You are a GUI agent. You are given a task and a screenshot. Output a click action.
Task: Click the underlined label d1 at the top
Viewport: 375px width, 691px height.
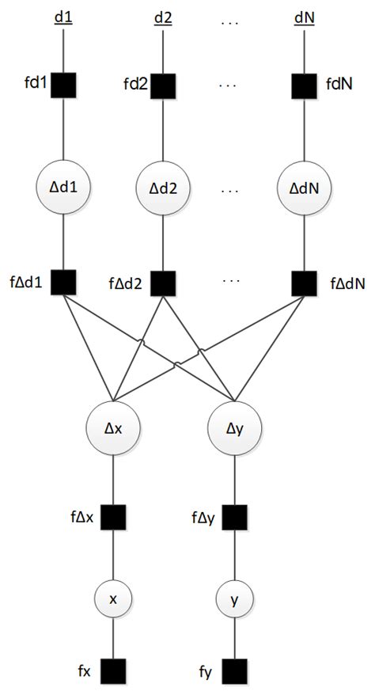coord(63,17)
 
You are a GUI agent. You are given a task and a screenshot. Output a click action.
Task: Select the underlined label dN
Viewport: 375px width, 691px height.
coord(305,17)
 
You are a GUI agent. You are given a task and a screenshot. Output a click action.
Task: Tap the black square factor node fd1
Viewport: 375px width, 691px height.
coord(63,83)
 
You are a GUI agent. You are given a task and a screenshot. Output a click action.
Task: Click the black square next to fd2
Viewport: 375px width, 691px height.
coord(164,83)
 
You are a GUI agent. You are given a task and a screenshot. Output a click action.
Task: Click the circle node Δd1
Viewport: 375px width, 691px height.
coord(63,191)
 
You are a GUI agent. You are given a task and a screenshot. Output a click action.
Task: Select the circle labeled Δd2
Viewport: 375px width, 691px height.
coord(164,191)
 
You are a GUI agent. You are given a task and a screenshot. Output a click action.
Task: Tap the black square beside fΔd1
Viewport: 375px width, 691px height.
coord(63,281)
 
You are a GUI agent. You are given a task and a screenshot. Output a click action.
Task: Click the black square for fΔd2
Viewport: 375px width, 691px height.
coord(164,281)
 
